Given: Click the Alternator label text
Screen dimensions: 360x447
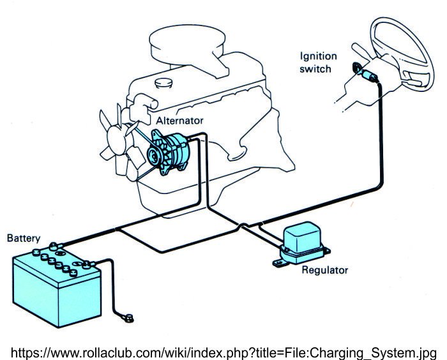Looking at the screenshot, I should (x=181, y=119).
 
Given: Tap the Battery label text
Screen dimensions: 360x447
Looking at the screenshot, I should (x=23, y=238).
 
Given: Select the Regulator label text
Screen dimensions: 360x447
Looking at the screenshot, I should (x=325, y=270).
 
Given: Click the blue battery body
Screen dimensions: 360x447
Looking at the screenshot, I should (x=56, y=290).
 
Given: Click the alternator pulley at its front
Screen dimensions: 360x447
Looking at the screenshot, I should (x=154, y=154).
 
